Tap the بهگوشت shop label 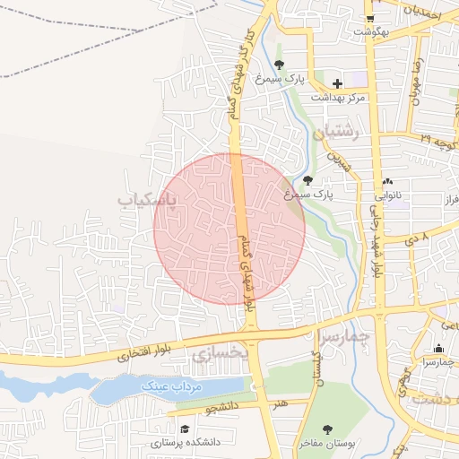(369, 32)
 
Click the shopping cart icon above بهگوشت (369, 18)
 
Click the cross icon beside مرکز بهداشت (337, 83)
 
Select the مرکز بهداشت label (338, 97)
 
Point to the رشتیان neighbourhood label (336, 132)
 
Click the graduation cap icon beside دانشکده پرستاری (185, 429)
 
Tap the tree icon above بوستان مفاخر (327, 429)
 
